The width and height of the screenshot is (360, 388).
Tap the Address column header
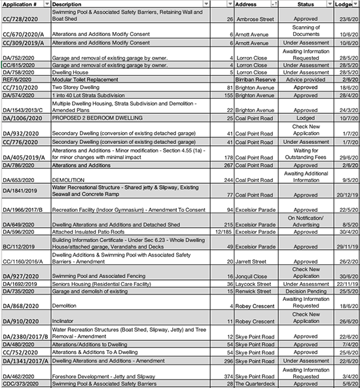(x=246, y=4)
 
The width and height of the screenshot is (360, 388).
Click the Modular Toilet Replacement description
(x=85, y=79)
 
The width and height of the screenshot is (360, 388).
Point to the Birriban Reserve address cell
(x=255, y=79)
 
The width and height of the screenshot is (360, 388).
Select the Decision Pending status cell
(x=306, y=291)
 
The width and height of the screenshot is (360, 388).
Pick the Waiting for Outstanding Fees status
(x=306, y=154)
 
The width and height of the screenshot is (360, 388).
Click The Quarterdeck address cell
(x=257, y=383)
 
